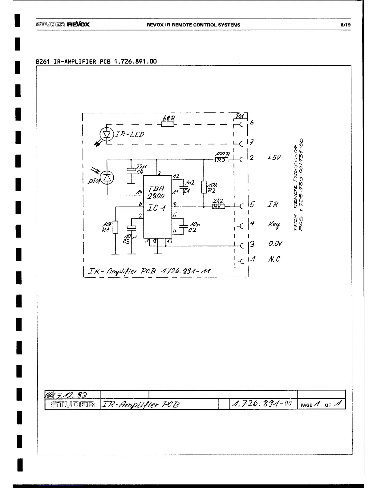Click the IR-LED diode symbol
coord(107,134)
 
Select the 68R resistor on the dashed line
coord(168,124)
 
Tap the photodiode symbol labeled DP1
coord(107,177)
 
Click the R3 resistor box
coord(221,160)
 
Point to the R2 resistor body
coord(204,187)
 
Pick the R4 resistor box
coord(219,206)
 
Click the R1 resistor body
coord(115,227)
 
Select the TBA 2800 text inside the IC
coord(156,192)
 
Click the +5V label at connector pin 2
coord(274,158)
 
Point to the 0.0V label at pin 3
coord(275,244)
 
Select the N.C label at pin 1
coord(274,259)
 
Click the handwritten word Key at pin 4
coord(274,225)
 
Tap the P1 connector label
coord(240,116)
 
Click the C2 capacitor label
coord(192,230)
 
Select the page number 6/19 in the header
coord(346,25)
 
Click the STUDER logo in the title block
coord(73,405)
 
